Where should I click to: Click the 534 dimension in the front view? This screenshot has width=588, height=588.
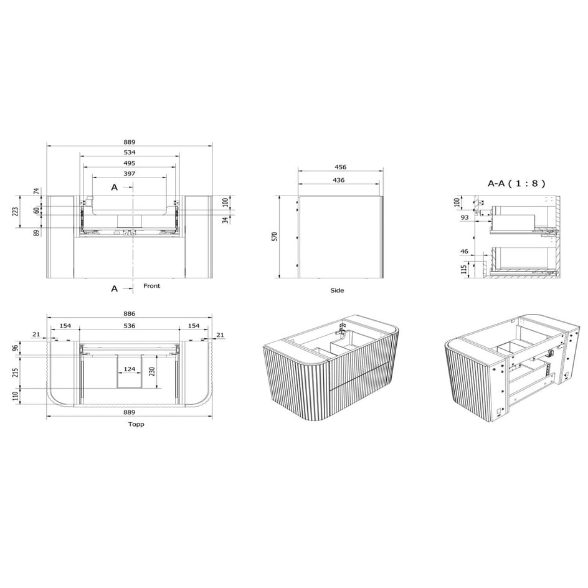(x=130, y=153)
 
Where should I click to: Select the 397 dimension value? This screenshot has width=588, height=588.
(x=130, y=174)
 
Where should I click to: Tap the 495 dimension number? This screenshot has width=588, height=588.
(x=130, y=163)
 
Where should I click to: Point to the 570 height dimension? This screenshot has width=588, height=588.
(x=275, y=236)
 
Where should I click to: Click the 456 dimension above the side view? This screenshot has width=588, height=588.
(x=341, y=167)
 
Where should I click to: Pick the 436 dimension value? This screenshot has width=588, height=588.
(x=339, y=180)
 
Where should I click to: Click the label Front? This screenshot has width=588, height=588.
(x=151, y=286)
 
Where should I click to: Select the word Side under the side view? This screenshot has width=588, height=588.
(x=337, y=290)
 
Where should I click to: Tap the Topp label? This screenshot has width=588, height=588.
(x=136, y=424)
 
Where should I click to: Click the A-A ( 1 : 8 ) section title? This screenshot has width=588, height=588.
(x=516, y=184)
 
